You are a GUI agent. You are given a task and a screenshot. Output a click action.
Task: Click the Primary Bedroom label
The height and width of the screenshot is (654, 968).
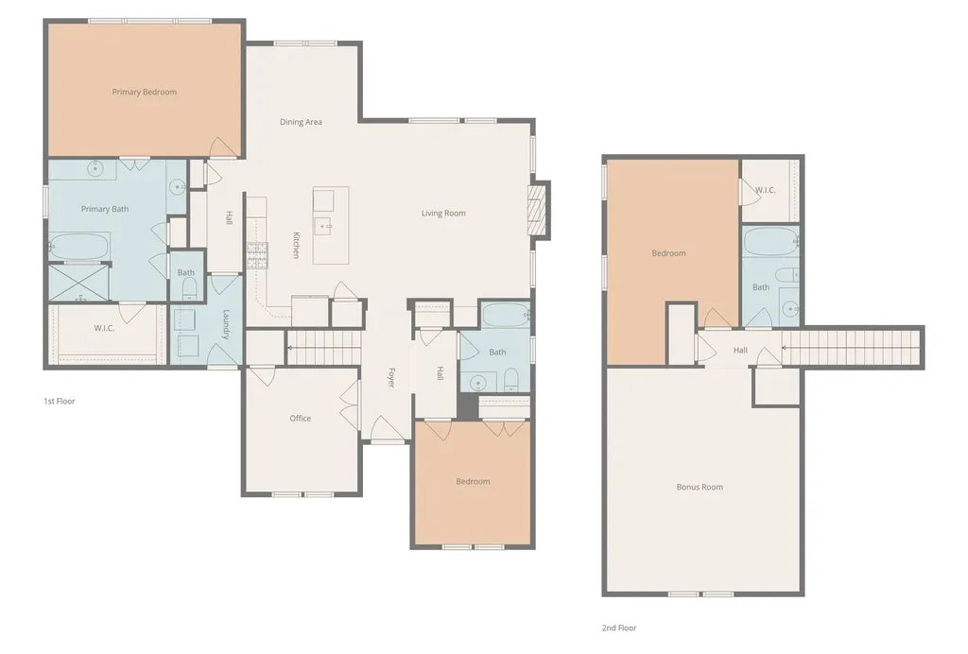point(145,92)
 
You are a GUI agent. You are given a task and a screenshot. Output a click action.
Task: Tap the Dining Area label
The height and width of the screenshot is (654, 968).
point(301,122)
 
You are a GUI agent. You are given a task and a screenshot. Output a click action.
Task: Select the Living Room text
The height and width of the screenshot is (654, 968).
point(443,214)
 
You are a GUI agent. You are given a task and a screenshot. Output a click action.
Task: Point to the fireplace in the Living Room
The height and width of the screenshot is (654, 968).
point(538,209)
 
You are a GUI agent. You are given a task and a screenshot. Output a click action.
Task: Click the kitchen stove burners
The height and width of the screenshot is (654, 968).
point(257,255)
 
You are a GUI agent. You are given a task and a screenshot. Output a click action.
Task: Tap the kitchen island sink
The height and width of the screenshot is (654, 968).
point(323,226)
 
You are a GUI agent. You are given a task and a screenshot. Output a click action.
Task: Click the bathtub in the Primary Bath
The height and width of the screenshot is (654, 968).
point(79,247)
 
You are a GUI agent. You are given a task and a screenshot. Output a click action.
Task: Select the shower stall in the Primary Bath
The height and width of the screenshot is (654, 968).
point(78,284)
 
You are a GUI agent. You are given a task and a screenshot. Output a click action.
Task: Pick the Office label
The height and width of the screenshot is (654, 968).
point(301,419)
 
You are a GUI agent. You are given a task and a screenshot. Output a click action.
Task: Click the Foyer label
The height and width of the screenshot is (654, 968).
point(391,378)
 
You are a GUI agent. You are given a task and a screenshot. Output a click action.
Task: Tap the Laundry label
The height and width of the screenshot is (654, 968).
point(226,324)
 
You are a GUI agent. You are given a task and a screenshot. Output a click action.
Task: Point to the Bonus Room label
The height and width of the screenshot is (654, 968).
point(700,487)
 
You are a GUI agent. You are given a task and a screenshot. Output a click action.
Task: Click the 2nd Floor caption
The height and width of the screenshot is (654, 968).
point(619,628)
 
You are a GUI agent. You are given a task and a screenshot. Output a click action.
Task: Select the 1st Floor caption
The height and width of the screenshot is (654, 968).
point(60,401)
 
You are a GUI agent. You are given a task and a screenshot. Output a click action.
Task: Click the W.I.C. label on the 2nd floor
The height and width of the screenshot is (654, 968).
point(766,190)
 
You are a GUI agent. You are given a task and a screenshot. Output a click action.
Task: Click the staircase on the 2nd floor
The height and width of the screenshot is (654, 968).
point(852,348)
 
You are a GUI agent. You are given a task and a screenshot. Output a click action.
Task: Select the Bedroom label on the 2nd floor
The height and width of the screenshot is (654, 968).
point(668,253)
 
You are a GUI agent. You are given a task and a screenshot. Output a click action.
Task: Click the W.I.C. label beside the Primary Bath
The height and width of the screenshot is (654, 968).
point(104,328)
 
